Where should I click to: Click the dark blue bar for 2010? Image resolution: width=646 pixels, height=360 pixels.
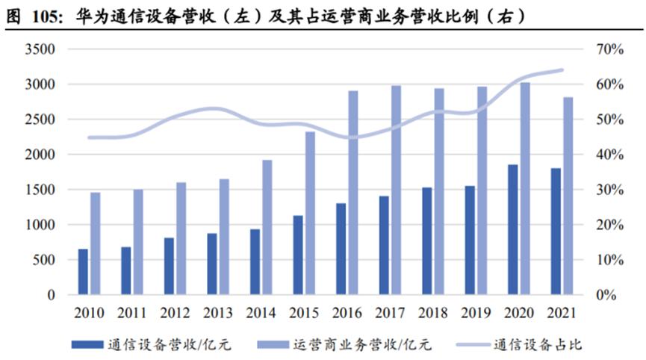83,272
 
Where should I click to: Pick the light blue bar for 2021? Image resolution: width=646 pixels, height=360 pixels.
568,196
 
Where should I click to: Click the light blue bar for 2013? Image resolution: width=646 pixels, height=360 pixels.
224,237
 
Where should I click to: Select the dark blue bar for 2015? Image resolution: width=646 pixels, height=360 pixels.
298,255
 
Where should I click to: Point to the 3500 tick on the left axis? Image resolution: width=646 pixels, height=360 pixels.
41,49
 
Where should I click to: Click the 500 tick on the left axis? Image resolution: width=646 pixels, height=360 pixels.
45,260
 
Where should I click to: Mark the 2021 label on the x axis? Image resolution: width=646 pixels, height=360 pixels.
562,311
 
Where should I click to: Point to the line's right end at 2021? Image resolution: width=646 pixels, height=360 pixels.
562,70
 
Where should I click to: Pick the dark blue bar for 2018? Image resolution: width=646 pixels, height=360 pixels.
426,241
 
